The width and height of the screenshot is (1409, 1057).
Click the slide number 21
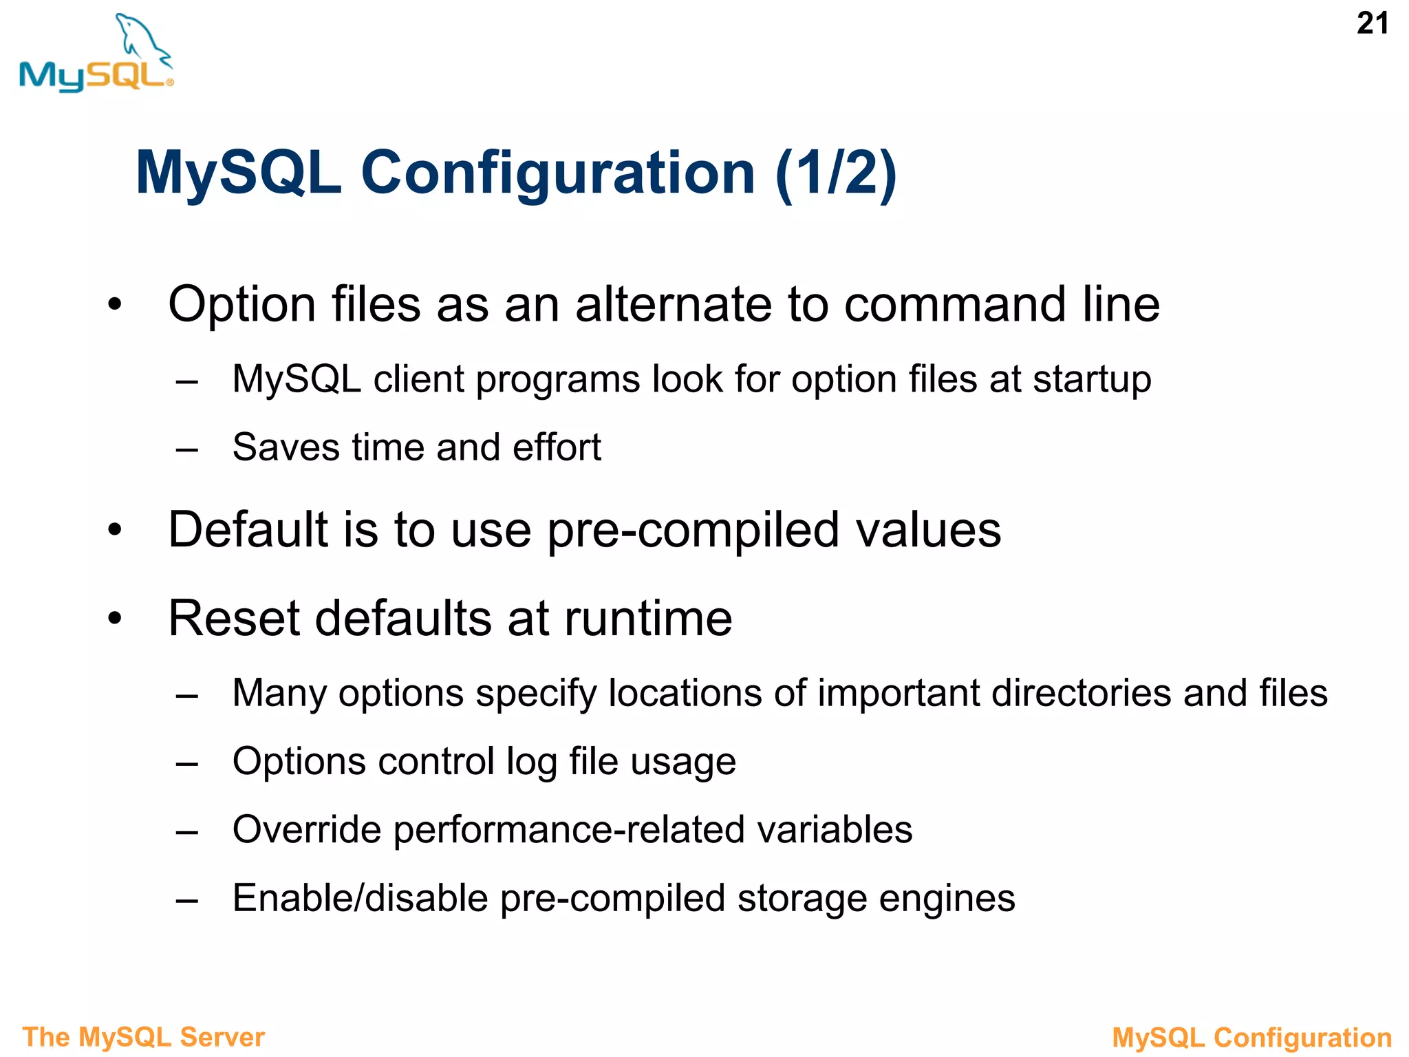click(x=1373, y=24)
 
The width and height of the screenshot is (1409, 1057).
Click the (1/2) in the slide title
click(x=836, y=173)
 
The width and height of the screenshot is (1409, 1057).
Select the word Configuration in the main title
click(x=558, y=173)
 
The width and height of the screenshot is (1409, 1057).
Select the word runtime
click(x=648, y=618)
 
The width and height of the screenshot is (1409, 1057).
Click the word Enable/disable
click(x=361, y=898)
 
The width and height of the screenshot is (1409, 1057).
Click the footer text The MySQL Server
click(x=143, y=1037)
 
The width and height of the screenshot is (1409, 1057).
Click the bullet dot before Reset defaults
click(x=115, y=618)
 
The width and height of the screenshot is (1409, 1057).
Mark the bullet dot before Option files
click(x=115, y=304)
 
